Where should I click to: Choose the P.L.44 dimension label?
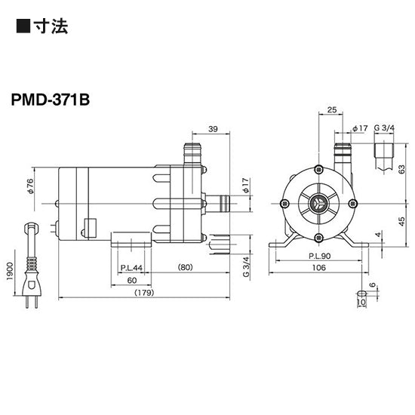pos(132,268)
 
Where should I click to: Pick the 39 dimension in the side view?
pos(214,131)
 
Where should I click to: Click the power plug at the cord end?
pos(32,291)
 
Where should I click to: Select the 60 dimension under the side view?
pos(132,280)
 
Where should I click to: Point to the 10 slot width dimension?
pos(360,303)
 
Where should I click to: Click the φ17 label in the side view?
pos(244,183)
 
